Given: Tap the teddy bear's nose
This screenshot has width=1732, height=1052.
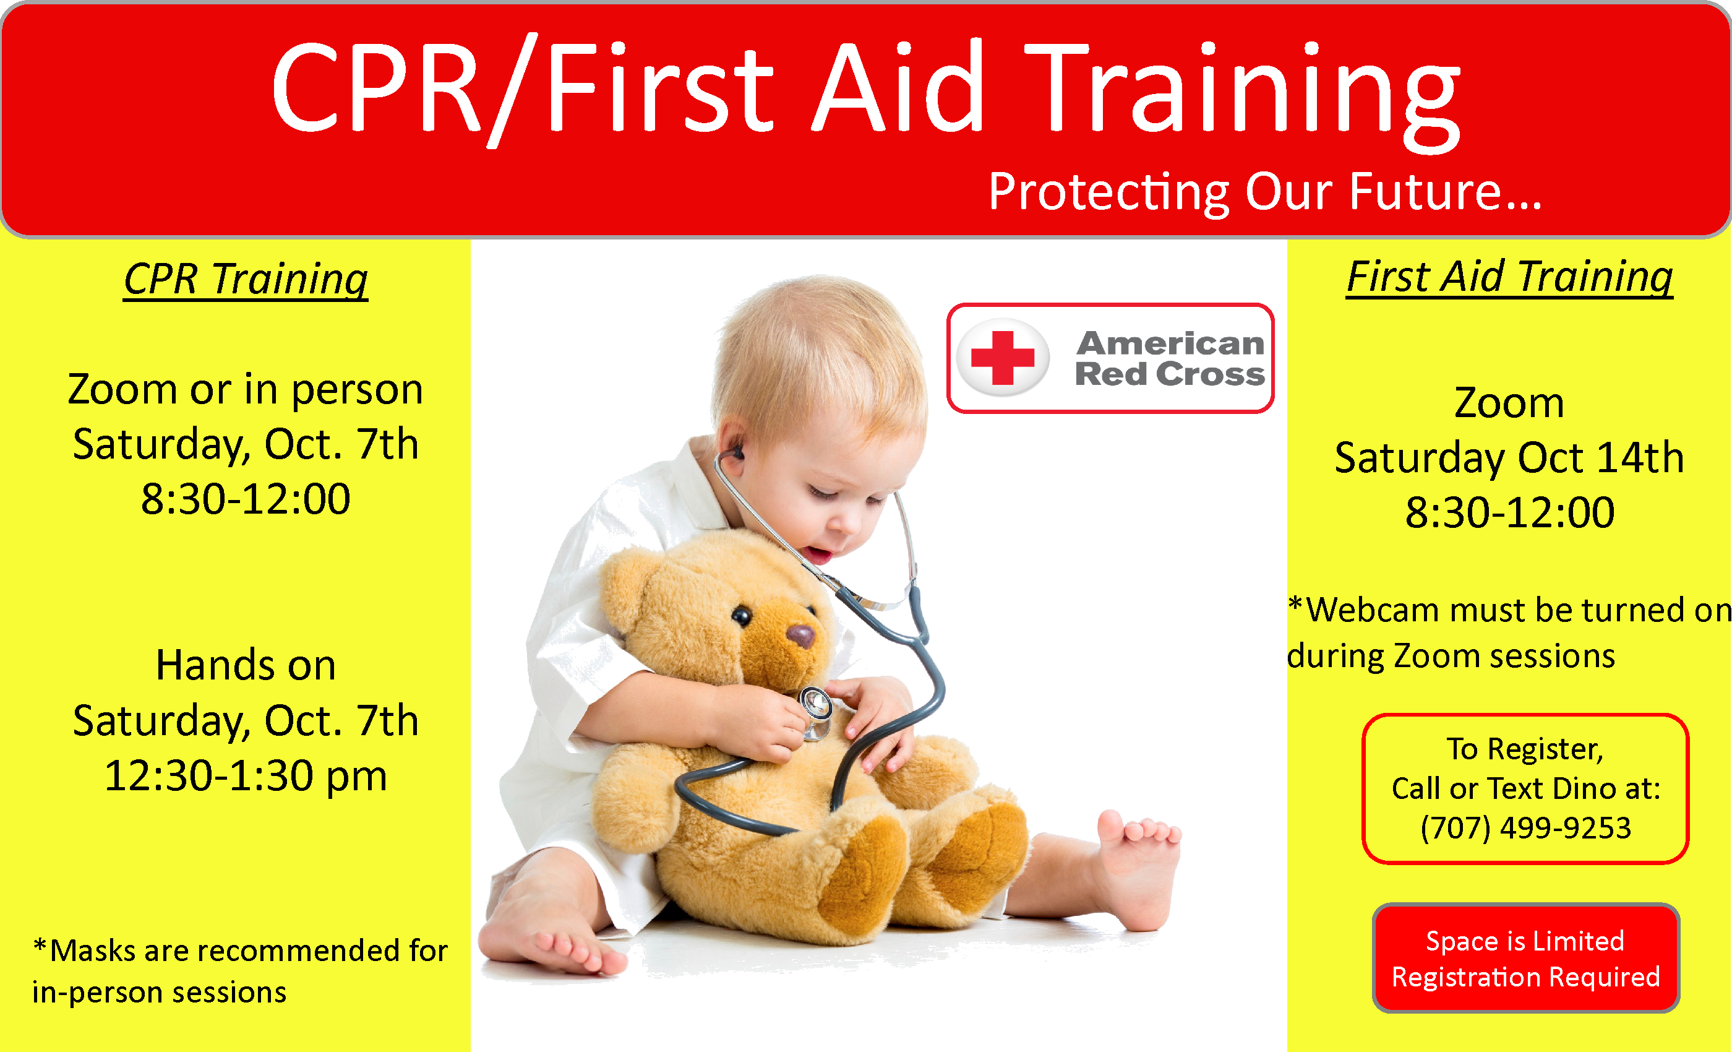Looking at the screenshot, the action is coord(800,636).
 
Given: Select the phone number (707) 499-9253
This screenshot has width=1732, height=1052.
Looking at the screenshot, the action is coord(1525,828).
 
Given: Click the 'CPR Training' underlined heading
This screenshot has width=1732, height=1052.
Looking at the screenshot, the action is coord(246,278).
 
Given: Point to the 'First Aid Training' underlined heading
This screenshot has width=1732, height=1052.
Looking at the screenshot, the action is coord(1509,277).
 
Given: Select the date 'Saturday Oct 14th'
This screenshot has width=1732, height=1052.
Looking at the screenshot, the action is coord(1509,458).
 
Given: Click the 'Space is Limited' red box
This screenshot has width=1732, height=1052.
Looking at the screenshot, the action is coord(1525,958).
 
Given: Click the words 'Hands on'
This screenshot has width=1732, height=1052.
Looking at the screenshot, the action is coord(246,665).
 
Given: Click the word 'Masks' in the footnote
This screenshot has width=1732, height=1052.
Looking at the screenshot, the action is coord(93,950).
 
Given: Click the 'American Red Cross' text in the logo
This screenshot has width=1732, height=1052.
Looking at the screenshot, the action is coord(1170,359).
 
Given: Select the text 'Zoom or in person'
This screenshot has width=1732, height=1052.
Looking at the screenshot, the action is coord(246,390).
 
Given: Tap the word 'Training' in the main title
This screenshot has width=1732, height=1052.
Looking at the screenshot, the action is coord(1243,95).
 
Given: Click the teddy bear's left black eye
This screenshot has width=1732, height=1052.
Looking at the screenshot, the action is coord(742,616).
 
